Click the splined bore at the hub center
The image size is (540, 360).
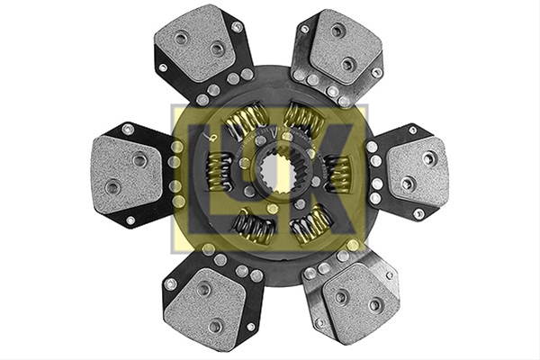click(x=277, y=171)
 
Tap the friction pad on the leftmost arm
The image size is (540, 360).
click(x=126, y=175)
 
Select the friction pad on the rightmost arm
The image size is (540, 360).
click(x=418, y=172)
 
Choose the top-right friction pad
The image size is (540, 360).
click(x=345, y=47)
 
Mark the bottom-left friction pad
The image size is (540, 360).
click(x=204, y=304)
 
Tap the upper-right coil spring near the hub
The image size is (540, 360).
click(x=304, y=118)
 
